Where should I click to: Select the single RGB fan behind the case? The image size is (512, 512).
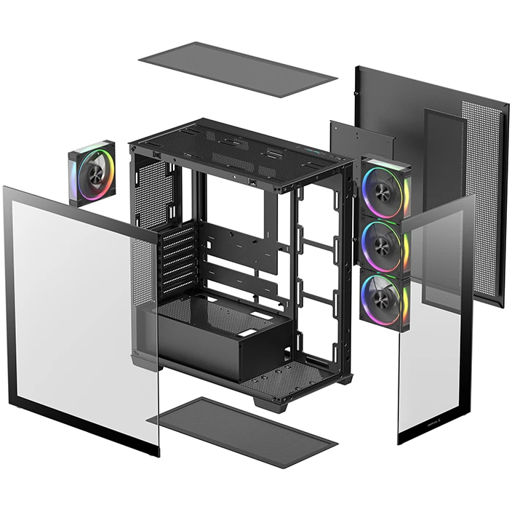(x=92, y=173)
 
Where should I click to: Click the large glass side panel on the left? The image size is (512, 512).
(x=80, y=320)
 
